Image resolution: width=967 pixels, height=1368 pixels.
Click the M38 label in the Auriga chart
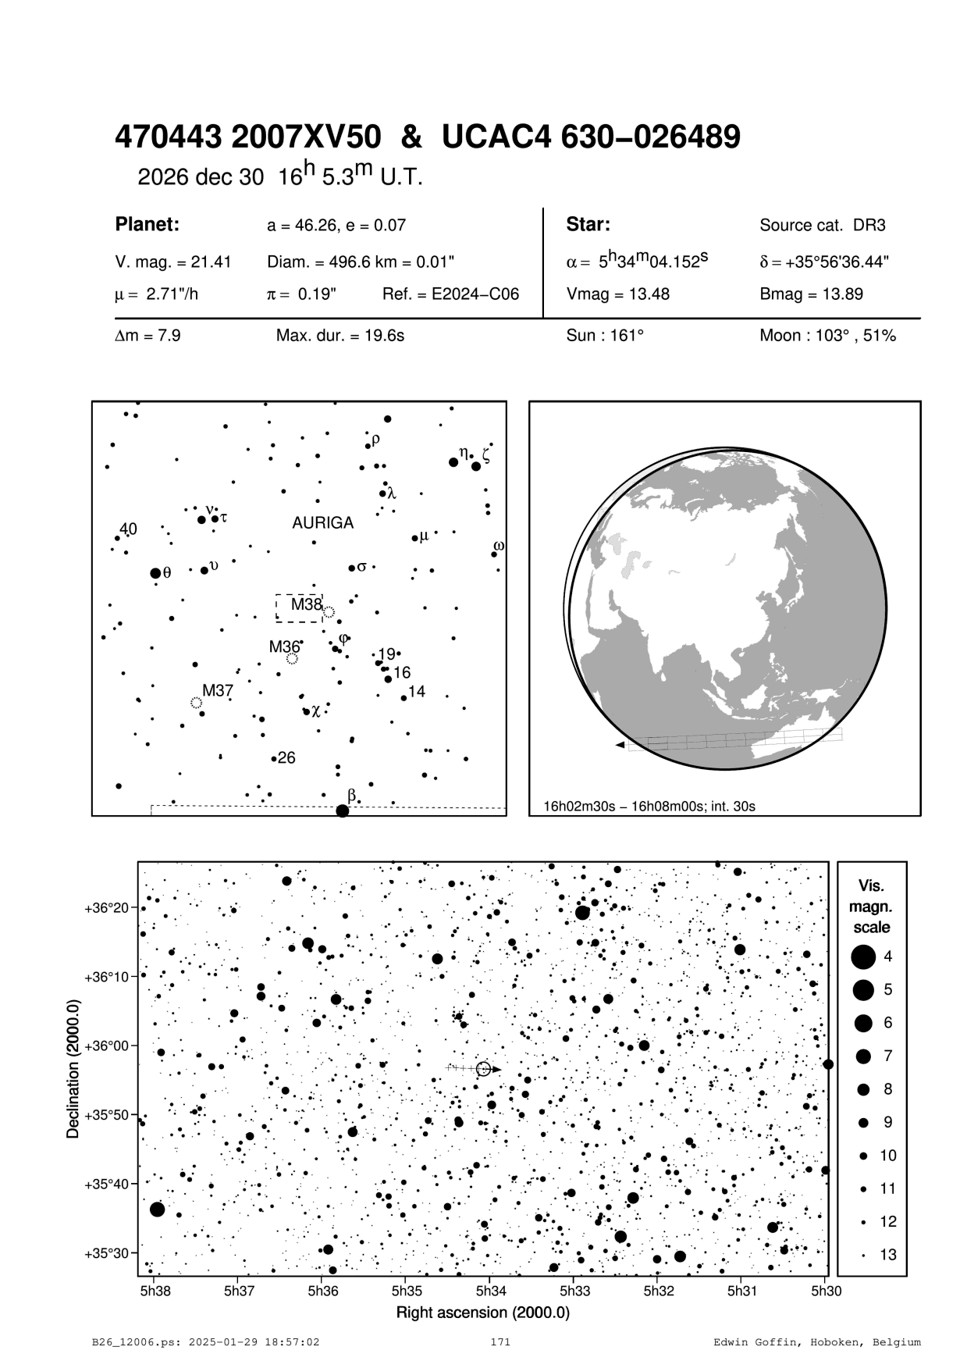pyautogui.click(x=306, y=604)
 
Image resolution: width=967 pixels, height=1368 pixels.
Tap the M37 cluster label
pyautogui.click(x=218, y=691)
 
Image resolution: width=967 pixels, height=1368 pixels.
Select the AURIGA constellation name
pyautogui.click(x=322, y=523)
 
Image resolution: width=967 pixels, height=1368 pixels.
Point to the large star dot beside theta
pyautogui.click(x=155, y=573)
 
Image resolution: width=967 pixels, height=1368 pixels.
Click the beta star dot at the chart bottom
pyautogui.click(x=342, y=811)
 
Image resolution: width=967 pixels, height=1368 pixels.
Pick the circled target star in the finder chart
pyautogui.click(x=483, y=1069)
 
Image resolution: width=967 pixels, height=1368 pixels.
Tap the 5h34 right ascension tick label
pyautogui.click(x=490, y=1291)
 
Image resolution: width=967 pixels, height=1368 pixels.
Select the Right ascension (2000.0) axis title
pyautogui.click(x=483, y=1313)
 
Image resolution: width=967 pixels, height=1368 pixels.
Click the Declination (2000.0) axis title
pyautogui.click(x=73, y=1069)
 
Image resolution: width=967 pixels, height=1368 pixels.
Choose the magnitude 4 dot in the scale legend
pyautogui.click(x=863, y=957)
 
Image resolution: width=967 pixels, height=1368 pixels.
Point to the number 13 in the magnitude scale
pyautogui.click(x=888, y=1255)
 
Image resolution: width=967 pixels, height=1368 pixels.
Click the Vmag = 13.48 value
pyautogui.click(x=617, y=294)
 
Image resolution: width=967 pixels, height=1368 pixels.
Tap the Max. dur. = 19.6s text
pyautogui.click(x=340, y=337)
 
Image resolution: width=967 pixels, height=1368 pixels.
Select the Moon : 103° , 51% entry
pyautogui.click(x=827, y=337)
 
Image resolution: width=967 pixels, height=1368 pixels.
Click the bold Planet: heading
pyautogui.click(x=148, y=225)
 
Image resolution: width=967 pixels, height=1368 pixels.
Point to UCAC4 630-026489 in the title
pyautogui.click(x=591, y=138)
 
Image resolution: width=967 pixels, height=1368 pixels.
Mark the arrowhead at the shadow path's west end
pyautogui.click(x=620, y=746)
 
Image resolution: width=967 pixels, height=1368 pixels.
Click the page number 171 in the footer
pyautogui.click(x=499, y=1342)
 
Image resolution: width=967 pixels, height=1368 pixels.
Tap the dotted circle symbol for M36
pyautogui.click(x=292, y=659)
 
